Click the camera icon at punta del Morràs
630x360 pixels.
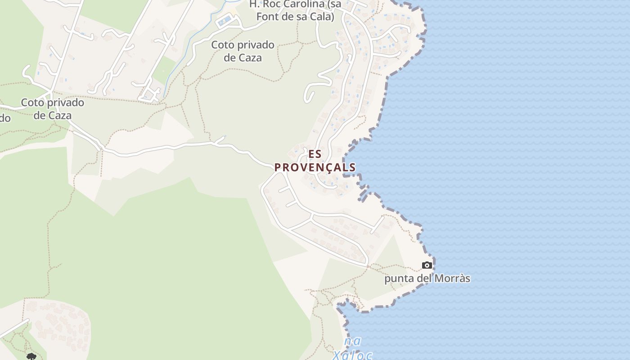click(427, 265)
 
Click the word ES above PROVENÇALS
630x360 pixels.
click(315, 154)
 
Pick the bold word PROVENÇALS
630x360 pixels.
click(315, 167)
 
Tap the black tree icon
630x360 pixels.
click(31, 357)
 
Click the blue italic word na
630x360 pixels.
click(353, 342)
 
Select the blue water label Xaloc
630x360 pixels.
click(352, 355)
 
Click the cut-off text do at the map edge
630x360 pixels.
click(4, 118)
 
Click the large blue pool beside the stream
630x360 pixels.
click(225, 20)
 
